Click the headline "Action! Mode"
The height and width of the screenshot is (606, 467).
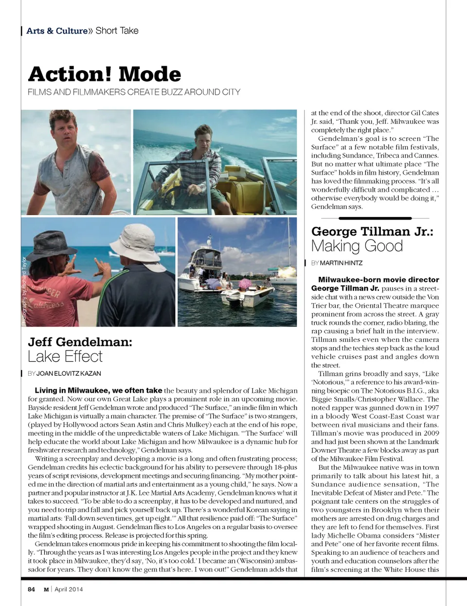[x=105, y=74]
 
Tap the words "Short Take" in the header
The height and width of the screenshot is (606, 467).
[x=117, y=31]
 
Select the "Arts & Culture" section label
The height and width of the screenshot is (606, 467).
[x=57, y=31]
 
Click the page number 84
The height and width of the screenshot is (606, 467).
[x=31, y=589]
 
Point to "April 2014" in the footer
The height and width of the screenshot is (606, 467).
[x=69, y=589]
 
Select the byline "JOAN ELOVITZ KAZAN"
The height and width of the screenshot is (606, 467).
[x=69, y=373]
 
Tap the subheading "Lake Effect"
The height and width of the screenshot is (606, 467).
[x=65, y=356]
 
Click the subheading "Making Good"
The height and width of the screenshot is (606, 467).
[x=357, y=246]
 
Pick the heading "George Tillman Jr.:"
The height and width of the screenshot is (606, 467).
[x=372, y=231]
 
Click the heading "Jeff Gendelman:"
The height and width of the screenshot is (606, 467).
[x=80, y=342]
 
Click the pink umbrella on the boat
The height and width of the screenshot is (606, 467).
[x=246, y=284]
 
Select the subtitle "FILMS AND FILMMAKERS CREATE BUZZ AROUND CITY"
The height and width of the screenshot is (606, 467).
[x=134, y=92]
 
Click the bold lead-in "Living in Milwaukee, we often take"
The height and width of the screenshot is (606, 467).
[x=98, y=390]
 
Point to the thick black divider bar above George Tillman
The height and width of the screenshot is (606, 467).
[x=375, y=218]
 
